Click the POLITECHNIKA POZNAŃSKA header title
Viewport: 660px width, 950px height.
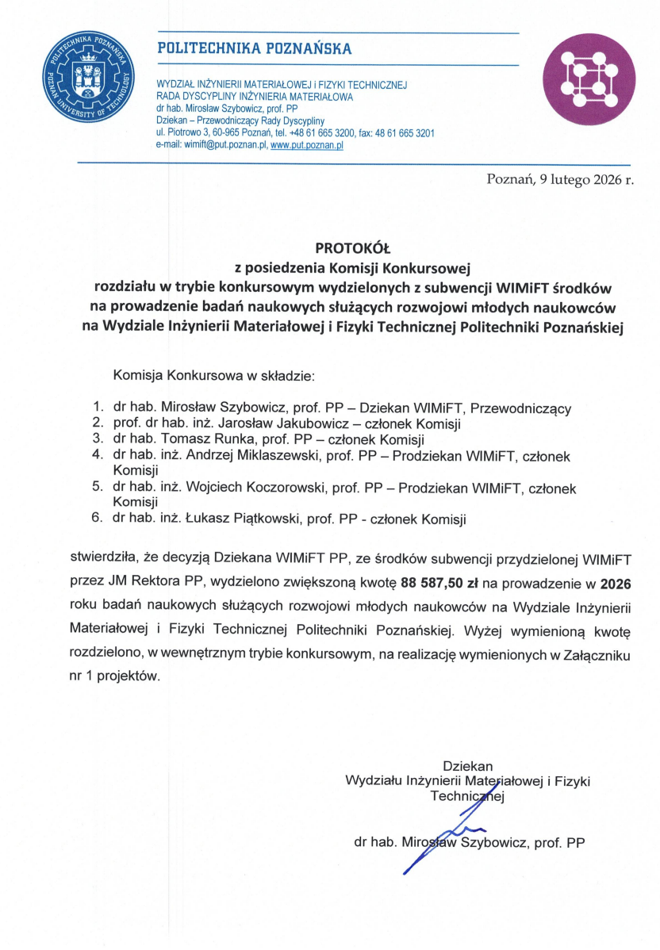tap(255, 49)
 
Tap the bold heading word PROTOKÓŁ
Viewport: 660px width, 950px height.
tap(347, 247)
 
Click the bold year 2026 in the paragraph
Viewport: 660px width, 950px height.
tap(620, 583)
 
